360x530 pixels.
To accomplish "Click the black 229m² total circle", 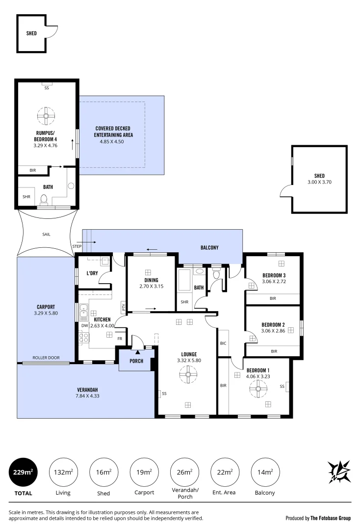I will click(x=23, y=472).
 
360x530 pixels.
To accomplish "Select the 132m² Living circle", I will click(x=63, y=472).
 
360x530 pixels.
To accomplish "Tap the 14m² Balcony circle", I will click(x=265, y=472).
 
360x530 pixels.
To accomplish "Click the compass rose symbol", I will click(x=339, y=472).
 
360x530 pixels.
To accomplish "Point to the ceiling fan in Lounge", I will click(x=188, y=376).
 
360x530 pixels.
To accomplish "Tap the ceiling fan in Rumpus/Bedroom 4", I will click(x=46, y=116).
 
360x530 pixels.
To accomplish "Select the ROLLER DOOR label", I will click(x=46, y=358).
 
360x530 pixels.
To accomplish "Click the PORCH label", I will click(x=136, y=361).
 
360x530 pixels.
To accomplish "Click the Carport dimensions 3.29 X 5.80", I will click(x=46, y=313).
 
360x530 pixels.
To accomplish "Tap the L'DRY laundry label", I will click(x=93, y=273).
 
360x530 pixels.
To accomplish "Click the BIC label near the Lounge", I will click(x=223, y=344).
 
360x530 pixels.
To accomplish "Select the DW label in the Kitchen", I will click(x=85, y=325).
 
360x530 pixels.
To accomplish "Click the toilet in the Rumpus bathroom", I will click(x=43, y=199).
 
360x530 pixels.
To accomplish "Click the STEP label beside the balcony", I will click(x=77, y=246).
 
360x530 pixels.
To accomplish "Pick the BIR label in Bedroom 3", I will click(x=273, y=298).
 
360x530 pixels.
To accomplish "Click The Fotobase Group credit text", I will click(x=318, y=518).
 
